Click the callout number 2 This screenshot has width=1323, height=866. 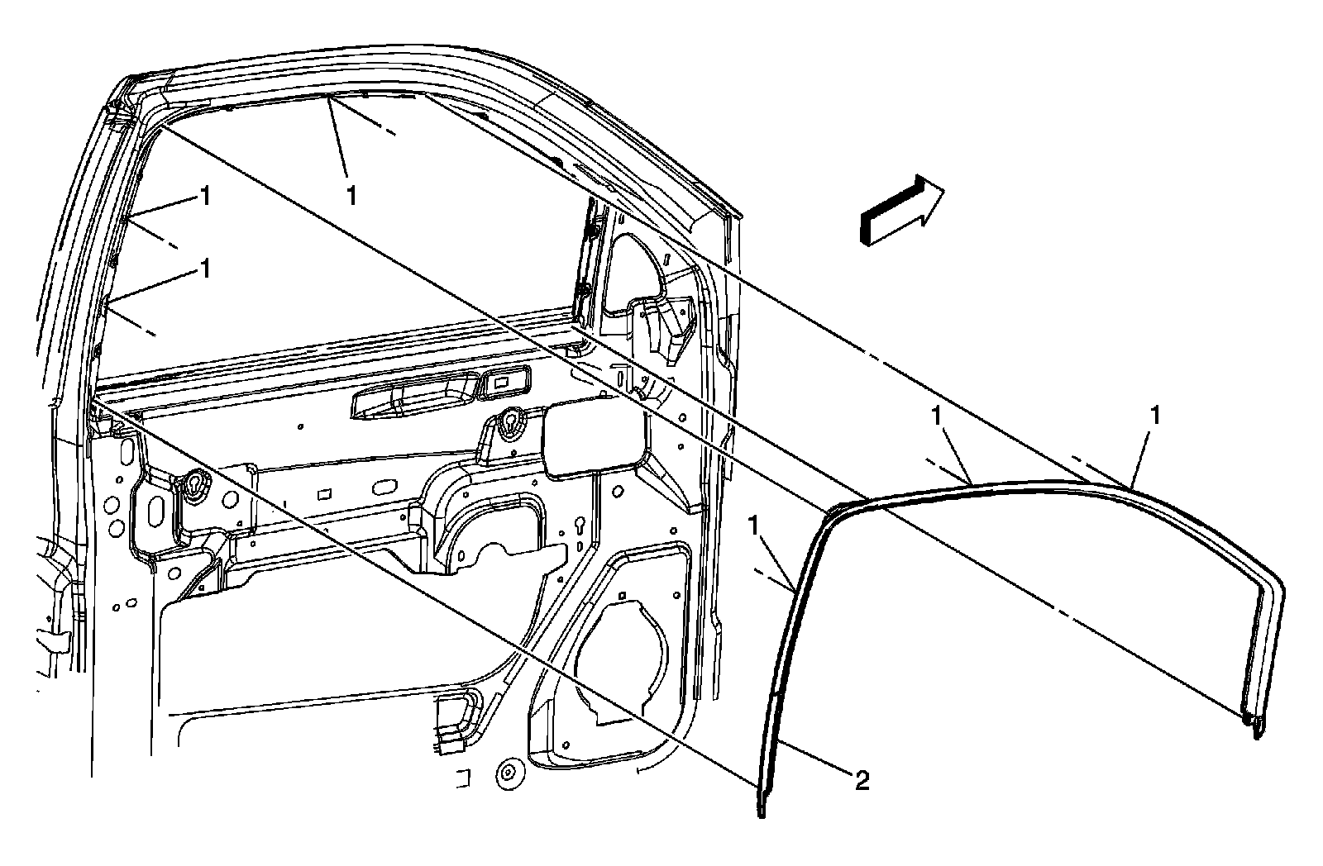coord(862,780)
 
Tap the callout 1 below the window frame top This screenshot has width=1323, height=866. coord(352,195)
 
